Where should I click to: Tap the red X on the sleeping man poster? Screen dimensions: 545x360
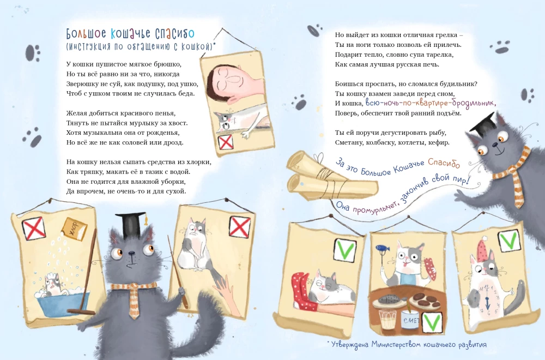(226, 142)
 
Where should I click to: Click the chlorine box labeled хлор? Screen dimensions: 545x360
(74, 229)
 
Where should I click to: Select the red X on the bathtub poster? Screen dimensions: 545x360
(34, 228)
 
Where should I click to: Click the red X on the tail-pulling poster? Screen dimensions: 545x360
(239, 227)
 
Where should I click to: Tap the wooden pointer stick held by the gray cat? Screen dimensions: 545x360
(178, 272)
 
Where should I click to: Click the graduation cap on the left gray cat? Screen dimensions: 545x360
(131, 223)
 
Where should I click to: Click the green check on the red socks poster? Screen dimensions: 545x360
(345, 249)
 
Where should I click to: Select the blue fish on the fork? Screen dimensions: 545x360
(381, 248)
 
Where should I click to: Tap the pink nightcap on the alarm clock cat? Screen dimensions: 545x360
(482, 250)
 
